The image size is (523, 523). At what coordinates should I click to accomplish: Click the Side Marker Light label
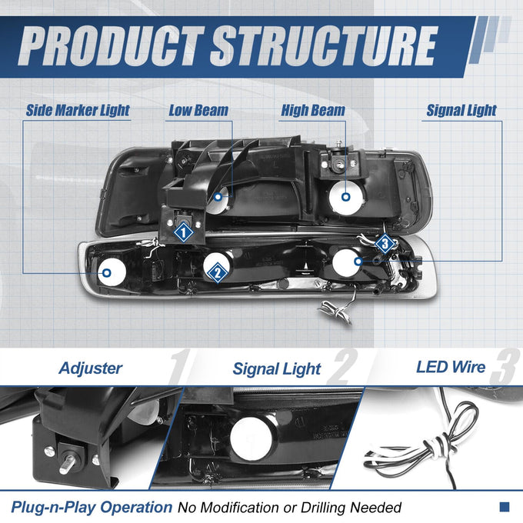pyautogui.click(x=78, y=111)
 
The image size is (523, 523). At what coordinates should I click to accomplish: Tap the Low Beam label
pyautogui.click(x=198, y=111)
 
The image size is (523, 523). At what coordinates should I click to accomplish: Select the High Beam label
pyautogui.click(x=313, y=111)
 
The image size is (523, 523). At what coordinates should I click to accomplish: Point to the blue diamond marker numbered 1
pyautogui.click(x=183, y=232)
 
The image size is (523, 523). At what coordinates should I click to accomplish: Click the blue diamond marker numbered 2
pyautogui.click(x=218, y=272)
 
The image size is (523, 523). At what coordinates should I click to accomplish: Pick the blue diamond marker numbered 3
pyautogui.click(x=385, y=244)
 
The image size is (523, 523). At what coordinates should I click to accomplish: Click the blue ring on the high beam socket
pyautogui.click(x=346, y=197)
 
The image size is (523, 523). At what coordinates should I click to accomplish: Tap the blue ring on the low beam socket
pyautogui.click(x=218, y=197)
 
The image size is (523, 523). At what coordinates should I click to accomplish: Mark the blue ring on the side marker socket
pyautogui.click(x=107, y=273)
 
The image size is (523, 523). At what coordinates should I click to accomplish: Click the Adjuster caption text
pyautogui.click(x=91, y=368)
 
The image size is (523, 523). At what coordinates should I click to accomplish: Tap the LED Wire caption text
pyautogui.click(x=451, y=367)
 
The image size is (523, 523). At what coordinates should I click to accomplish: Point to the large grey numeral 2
pyautogui.click(x=343, y=366)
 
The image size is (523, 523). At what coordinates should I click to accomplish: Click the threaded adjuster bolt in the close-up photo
pyautogui.click(x=68, y=463)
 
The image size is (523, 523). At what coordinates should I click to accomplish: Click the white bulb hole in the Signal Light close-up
pyautogui.click(x=252, y=438)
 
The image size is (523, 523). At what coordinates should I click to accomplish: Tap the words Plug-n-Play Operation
pyautogui.click(x=92, y=508)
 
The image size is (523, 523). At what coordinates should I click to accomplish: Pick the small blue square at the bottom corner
pyautogui.click(x=505, y=507)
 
